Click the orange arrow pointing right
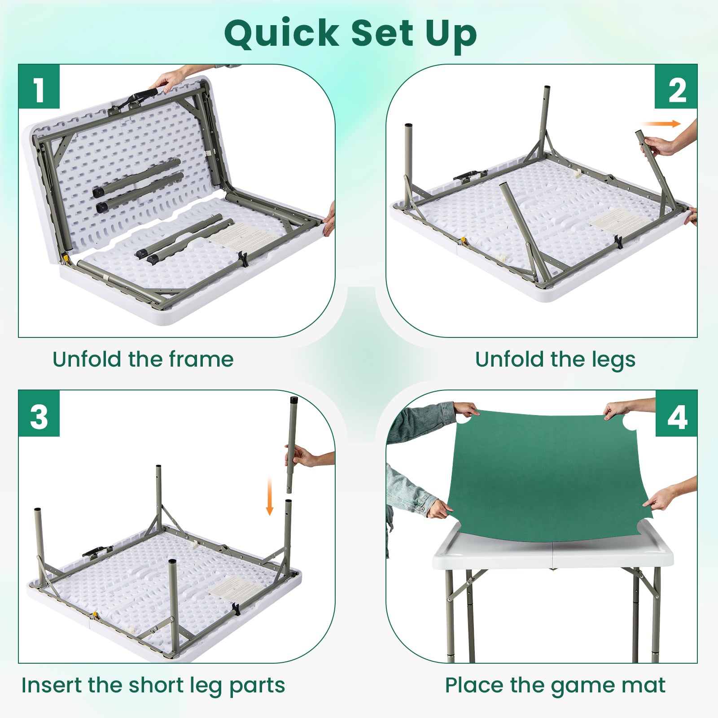(x=661, y=124)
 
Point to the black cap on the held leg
(x=294, y=400)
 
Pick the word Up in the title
(x=451, y=34)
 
